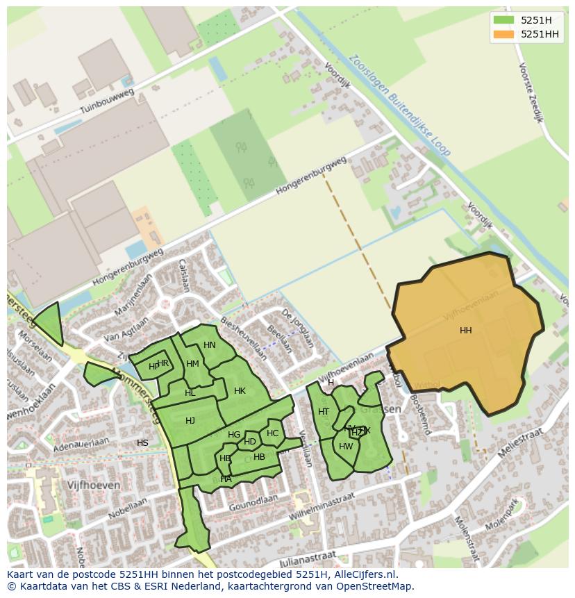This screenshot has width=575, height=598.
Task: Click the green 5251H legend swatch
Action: pos(503,20)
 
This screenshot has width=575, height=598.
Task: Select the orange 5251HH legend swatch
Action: pos(503,34)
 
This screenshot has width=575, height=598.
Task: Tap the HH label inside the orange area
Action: pos(465,331)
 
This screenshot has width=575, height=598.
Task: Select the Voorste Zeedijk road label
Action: pos(530,92)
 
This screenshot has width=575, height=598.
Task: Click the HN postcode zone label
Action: pos(210,345)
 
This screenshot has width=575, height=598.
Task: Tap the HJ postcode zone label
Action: pos(190,421)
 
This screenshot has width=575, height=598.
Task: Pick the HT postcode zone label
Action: pos(324,412)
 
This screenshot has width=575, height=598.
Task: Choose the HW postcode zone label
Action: pos(346,447)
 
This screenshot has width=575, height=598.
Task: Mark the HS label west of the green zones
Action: pos(142,443)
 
